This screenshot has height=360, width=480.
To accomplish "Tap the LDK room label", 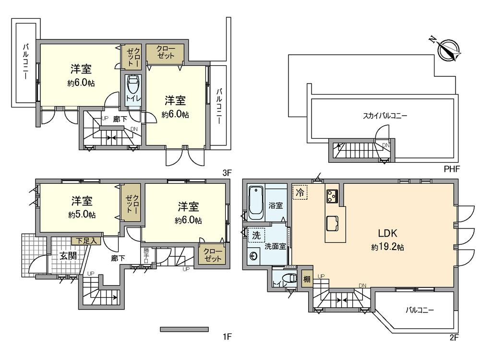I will coord(387,234).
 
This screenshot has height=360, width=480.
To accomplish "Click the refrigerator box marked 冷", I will coord(300,192).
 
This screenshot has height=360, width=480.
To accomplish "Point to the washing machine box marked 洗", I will coord(256,236).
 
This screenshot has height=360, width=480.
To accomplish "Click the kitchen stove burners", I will coord(332,195).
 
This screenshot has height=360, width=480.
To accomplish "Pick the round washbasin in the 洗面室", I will coord(253,256).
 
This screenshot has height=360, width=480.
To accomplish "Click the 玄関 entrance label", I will coord(68,256).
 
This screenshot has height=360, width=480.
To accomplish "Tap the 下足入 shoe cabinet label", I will coord(85,241).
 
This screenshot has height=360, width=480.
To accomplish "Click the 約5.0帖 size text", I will coord(82,215).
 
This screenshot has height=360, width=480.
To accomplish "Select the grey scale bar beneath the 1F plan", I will coord(184,329).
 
